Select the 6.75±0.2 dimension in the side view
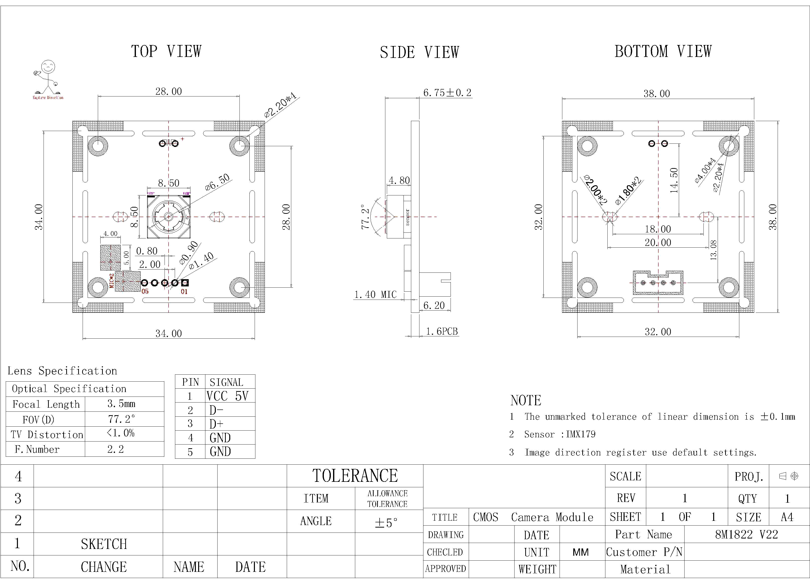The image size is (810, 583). (x=447, y=93)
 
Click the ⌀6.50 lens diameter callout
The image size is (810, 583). (x=218, y=182)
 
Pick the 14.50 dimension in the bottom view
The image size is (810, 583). (x=674, y=180)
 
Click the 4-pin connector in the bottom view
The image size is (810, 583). (x=658, y=283)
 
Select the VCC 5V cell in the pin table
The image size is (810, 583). (x=227, y=396)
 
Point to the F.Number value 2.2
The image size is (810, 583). (x=115, y=449)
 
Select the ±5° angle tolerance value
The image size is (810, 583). (x=386, y=523)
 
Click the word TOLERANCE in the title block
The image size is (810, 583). (x=355, y=476)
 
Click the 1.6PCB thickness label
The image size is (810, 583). (x=442, y=331)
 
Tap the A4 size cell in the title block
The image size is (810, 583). (x=787, y=517)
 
